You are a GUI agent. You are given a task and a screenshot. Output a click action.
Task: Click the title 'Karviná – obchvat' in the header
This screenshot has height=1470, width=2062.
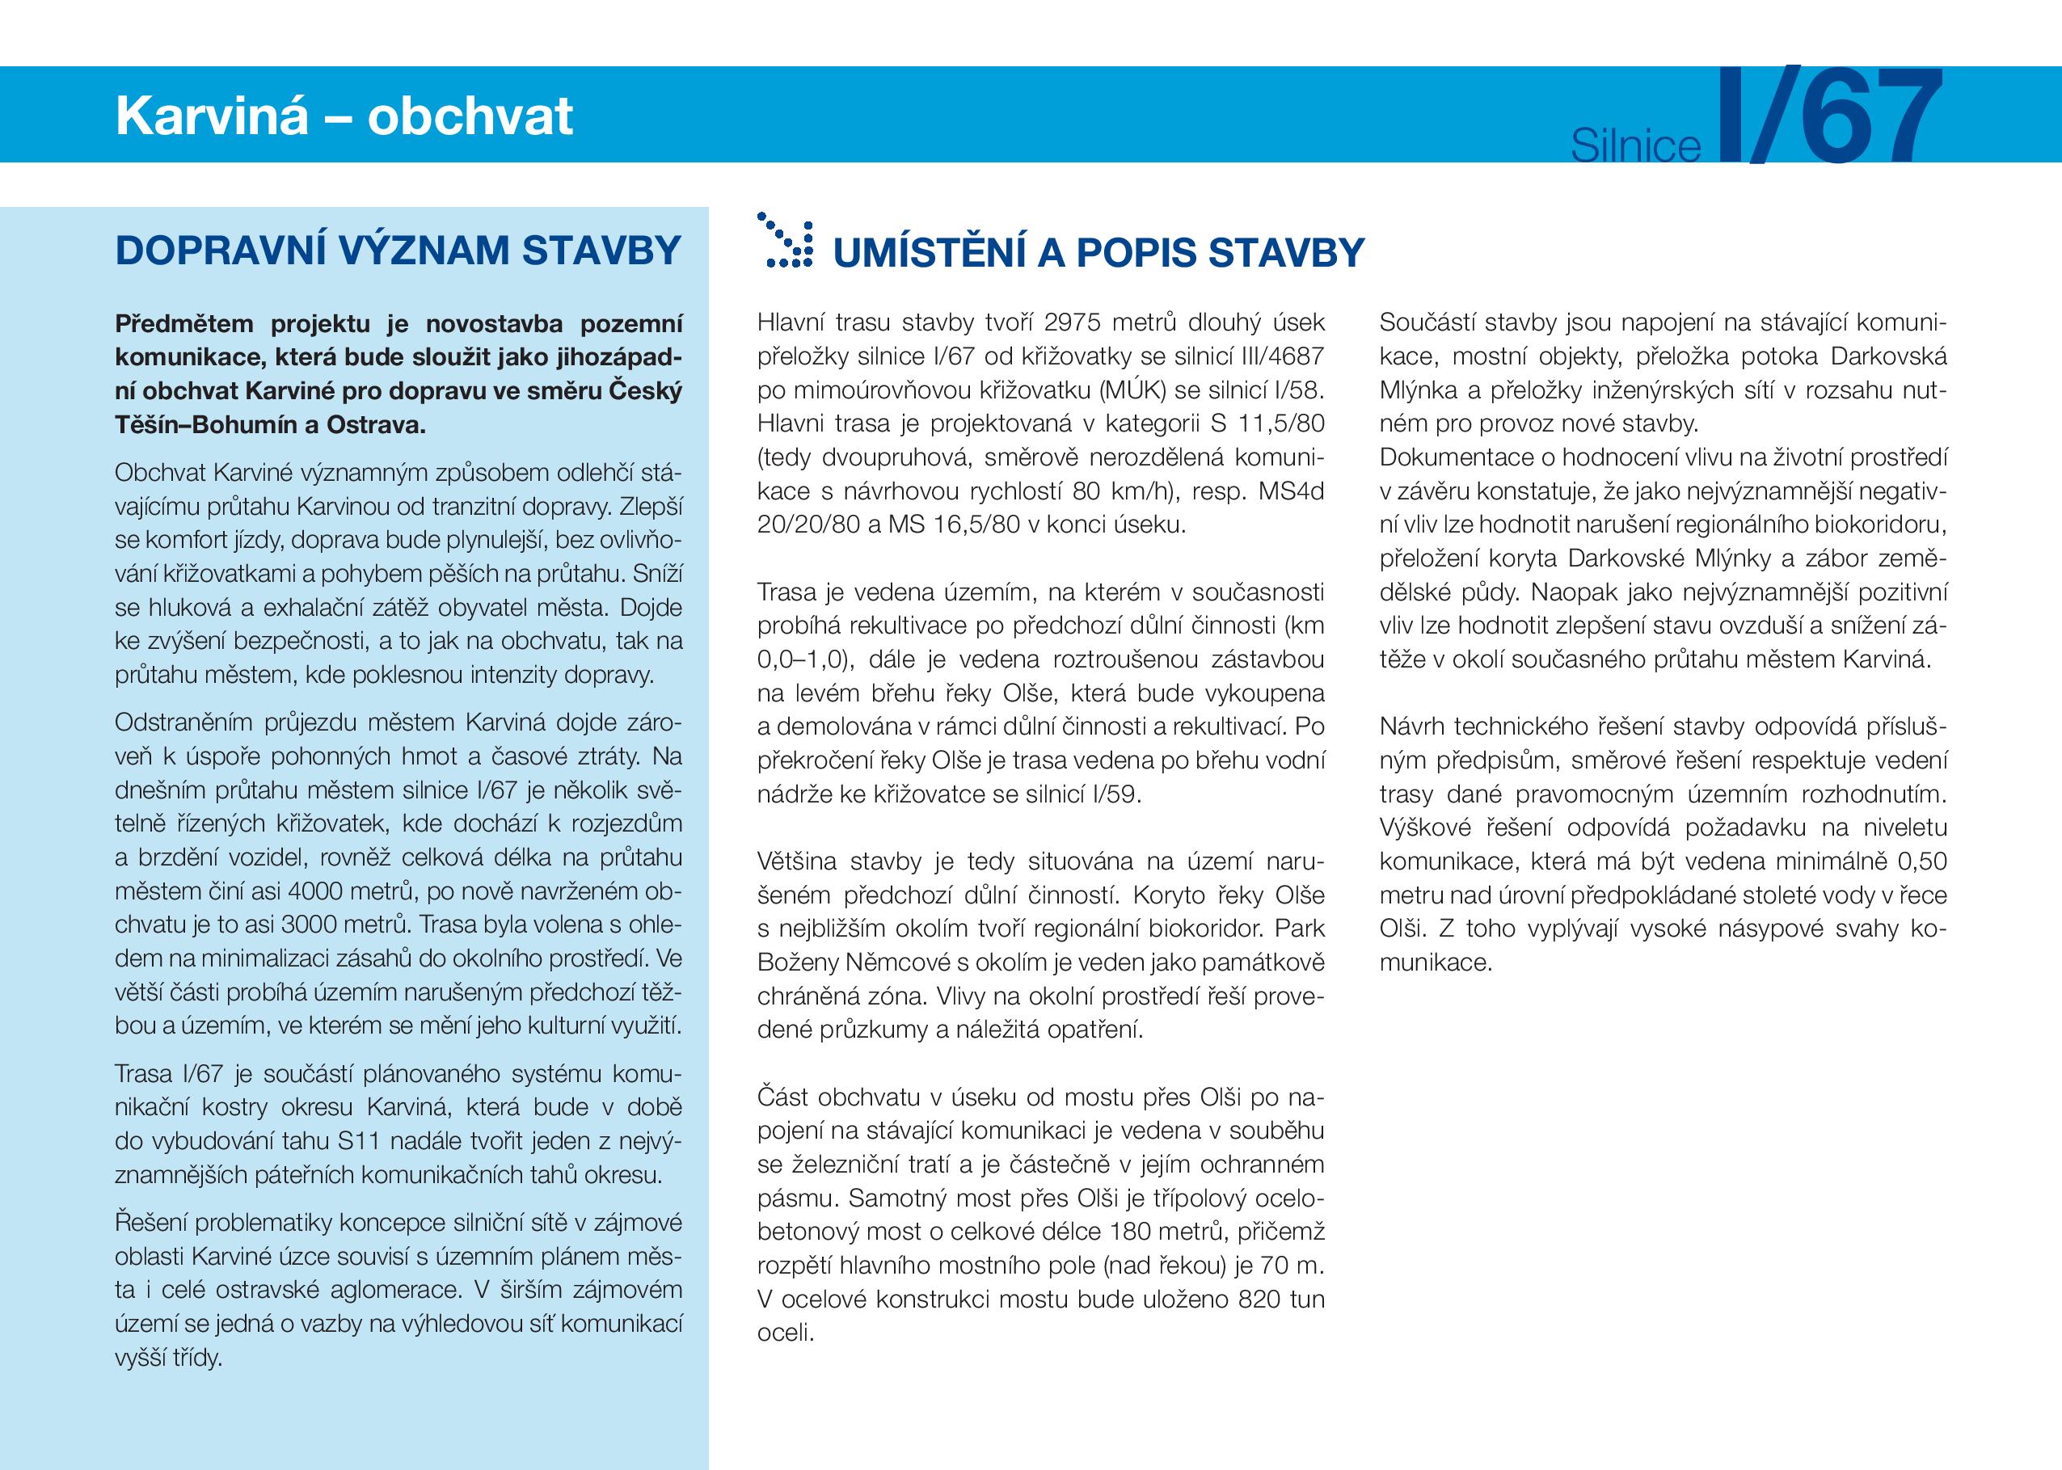pos(344,116)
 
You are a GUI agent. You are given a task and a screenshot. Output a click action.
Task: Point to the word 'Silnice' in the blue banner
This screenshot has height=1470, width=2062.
pos(1636,145)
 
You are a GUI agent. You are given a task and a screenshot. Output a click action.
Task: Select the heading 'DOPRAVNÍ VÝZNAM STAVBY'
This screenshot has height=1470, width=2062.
pos(398,251)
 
